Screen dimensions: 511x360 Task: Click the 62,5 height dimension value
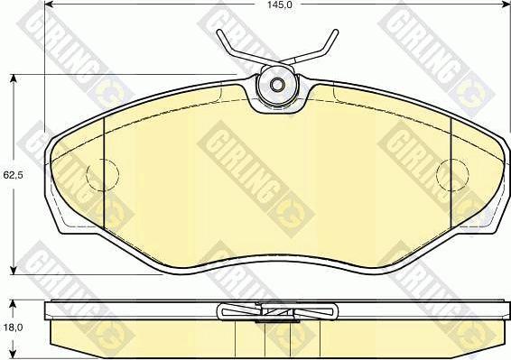point(13,175)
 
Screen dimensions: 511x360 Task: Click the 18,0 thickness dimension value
point(13,328)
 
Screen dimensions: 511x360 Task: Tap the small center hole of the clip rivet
point(276,86)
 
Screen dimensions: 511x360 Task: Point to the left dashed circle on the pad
point(103,175)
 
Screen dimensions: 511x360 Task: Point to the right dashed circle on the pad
point(452,175)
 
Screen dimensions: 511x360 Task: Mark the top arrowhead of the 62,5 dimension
point(13,79)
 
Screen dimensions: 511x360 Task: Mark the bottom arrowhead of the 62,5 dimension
point(13,270)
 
